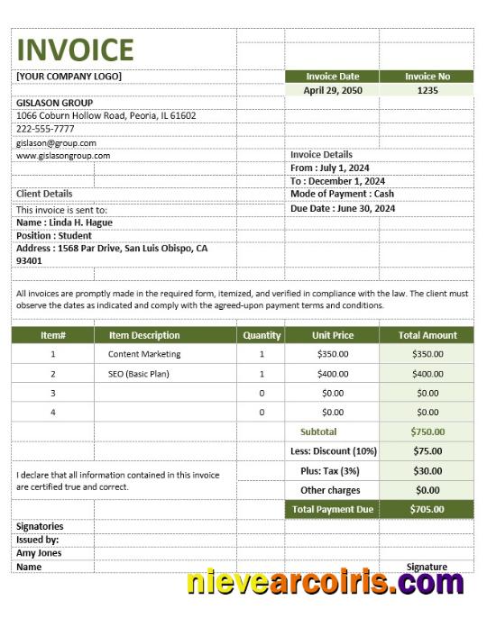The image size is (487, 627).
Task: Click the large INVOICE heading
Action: tap(75, 49)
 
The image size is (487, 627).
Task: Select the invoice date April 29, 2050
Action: tap(332, 90)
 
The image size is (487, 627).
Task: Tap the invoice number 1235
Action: tap(427, 90)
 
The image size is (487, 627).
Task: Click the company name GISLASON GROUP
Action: tap(54, 103)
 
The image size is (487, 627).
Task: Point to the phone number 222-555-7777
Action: tap(45, 129)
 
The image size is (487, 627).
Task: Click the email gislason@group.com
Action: tap(56, 142)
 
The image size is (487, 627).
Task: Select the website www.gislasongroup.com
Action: tap(63, 155)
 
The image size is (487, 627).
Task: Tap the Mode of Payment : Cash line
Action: tap(342, 194)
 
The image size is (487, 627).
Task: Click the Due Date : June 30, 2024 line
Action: tap(343, 208)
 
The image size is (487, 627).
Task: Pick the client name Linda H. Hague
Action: tap(64, 223)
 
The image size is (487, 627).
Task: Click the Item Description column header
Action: tap(144, 335)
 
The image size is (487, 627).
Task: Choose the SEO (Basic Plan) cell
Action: tap(139, 374)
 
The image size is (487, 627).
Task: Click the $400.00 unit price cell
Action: tap(333, 374)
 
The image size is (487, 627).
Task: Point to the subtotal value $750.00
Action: tap(427, 432)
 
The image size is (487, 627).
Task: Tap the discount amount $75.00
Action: tap(427, 451)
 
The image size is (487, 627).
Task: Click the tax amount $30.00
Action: tap(427, 471)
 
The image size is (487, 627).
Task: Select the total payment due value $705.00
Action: tap(427, 509)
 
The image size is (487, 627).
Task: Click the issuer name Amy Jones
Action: tap(39, 553)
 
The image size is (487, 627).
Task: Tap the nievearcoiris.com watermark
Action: tap(325, 583)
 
